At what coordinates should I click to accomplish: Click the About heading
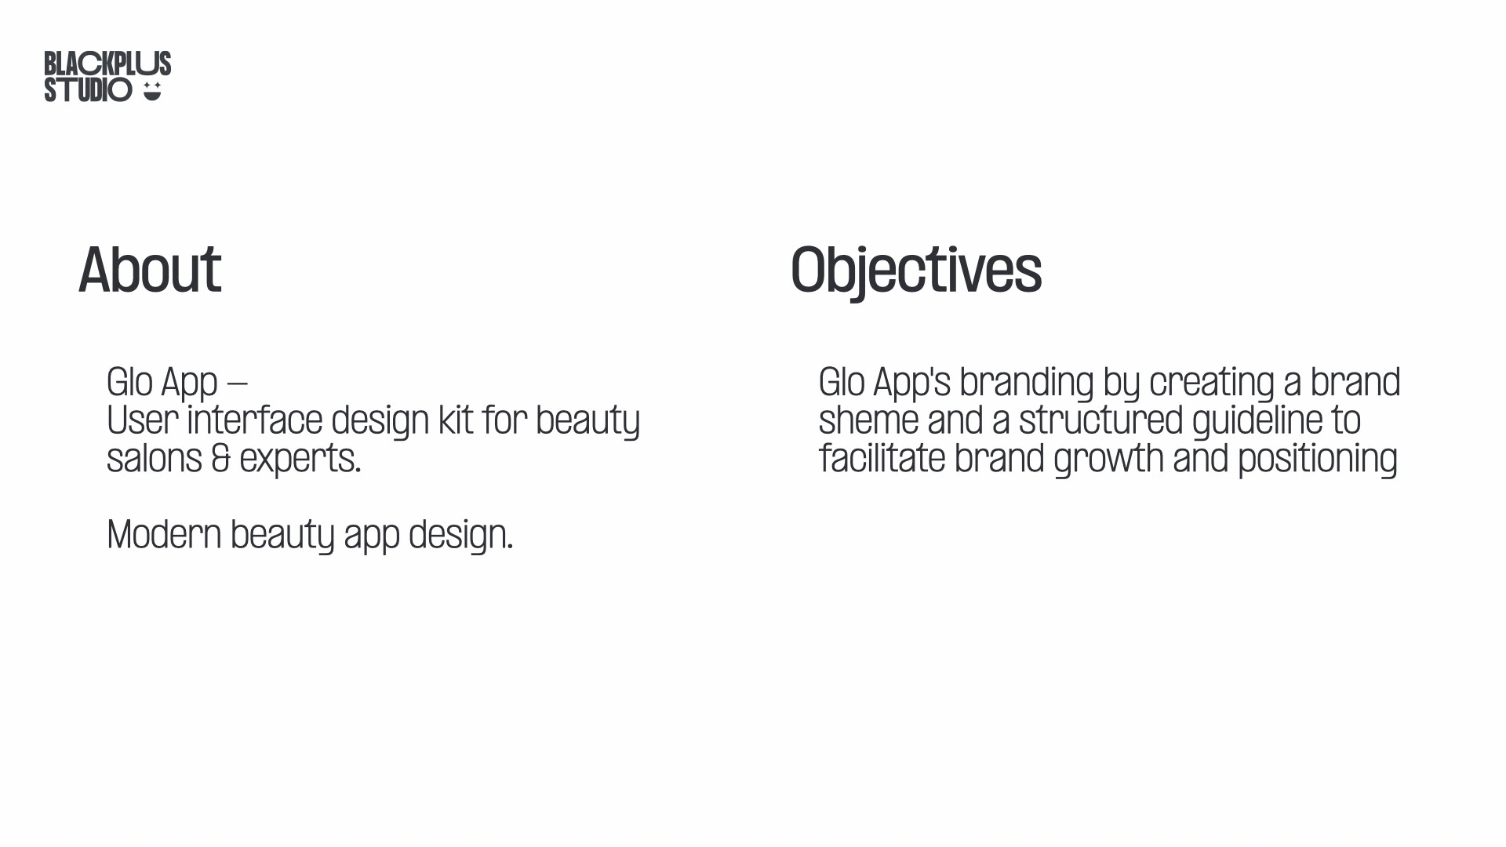(150, 270)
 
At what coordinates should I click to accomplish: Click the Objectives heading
(916, 271)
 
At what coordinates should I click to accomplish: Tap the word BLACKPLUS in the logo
(107, 64)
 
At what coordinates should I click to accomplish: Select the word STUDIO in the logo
(88, 90)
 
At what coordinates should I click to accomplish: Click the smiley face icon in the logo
(152, 92)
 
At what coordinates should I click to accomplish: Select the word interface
(254, 420)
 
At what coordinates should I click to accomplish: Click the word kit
(456, 420)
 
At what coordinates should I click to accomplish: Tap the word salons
(155, 459)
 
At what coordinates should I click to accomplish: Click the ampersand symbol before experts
(221, 459)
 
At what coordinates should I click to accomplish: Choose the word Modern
(164, 535)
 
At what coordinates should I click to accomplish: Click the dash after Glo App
(237, 384)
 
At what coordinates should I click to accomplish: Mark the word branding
(1027, 384)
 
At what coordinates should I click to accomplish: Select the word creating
(1212, 384)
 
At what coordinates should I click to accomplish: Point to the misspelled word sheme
(868, 420)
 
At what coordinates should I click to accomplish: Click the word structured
(1101, 420)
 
